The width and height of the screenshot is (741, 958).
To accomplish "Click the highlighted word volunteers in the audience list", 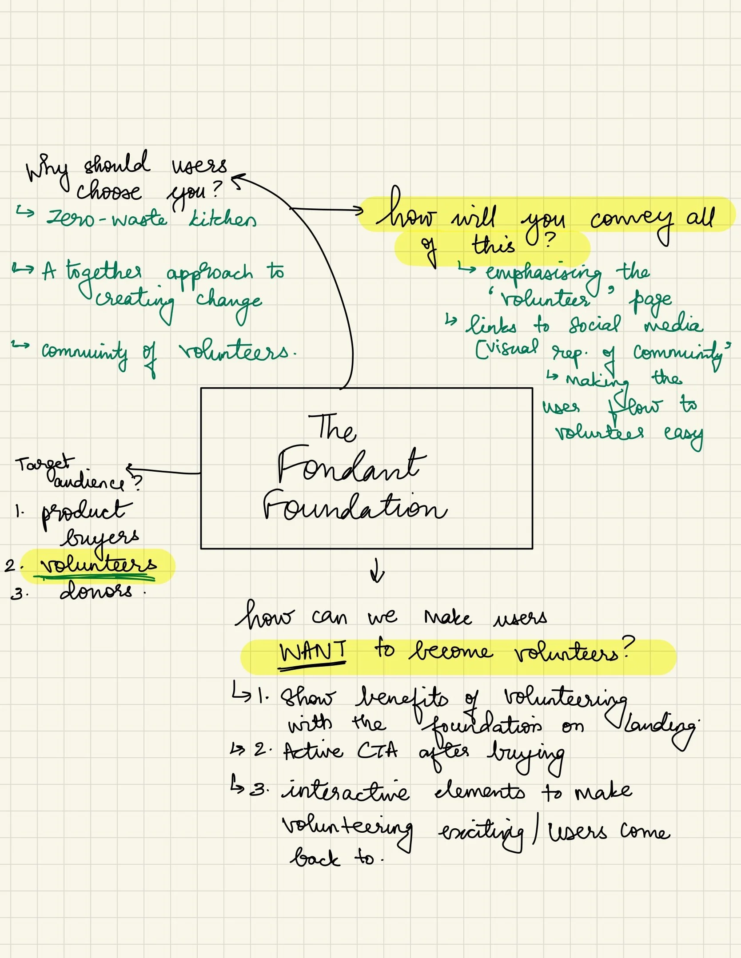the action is pos(98,564).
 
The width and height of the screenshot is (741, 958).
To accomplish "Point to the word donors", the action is pos(96,591).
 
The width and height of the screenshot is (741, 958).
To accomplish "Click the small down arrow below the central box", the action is pos(377,571).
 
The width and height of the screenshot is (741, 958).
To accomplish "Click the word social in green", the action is pos(595,325).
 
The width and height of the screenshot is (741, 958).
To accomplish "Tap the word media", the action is pos(673,325).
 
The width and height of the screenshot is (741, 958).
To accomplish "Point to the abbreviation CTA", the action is pos(378,751).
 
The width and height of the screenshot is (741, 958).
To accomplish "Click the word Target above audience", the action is pos(42,464).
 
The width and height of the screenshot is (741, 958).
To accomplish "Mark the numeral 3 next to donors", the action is pos(17,594).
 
